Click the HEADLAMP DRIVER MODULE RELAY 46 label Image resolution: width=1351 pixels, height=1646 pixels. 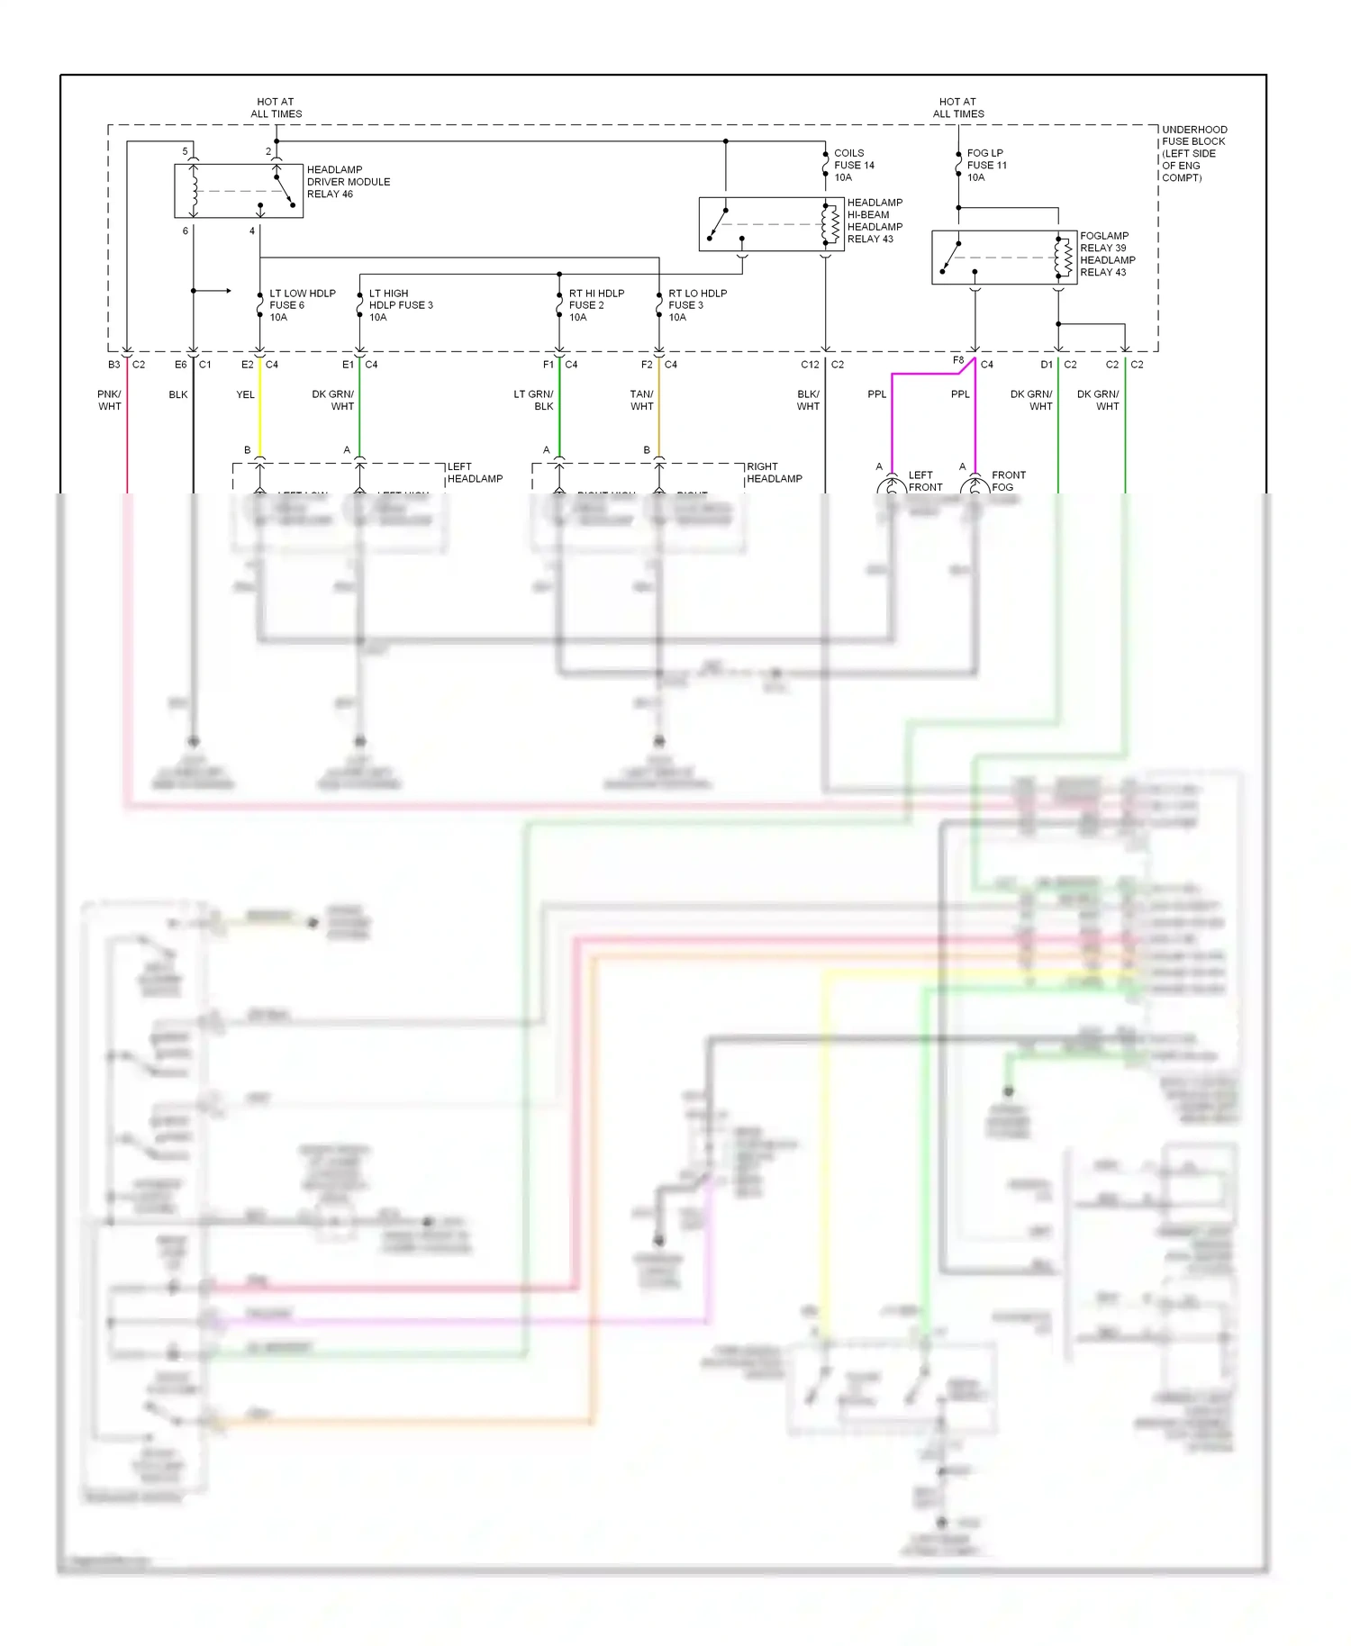348,181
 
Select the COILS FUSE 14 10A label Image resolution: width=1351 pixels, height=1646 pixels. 853,165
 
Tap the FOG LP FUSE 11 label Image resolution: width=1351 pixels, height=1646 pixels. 986,165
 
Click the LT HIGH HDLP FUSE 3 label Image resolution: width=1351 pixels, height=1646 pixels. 400,305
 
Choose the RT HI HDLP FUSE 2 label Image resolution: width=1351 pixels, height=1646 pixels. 595,305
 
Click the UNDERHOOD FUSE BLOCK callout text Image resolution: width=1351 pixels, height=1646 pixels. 1193,153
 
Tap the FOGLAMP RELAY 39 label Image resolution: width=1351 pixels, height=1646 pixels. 1103,241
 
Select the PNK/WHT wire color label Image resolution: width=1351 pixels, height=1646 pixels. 109,400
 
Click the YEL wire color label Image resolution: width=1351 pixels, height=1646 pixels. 245,394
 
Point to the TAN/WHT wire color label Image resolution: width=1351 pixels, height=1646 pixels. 641,400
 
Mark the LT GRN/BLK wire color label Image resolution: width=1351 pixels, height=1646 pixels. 533,400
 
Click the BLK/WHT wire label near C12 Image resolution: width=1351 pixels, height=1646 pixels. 808,400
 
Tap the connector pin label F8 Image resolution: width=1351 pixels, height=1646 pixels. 958,360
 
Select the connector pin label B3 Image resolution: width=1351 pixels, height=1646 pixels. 113,365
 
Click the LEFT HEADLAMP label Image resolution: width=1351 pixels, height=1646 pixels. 475,473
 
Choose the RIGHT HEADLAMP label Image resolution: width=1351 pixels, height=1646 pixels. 774,473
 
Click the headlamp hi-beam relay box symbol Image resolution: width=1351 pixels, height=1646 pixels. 771,224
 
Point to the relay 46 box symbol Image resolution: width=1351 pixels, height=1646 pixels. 238,191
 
